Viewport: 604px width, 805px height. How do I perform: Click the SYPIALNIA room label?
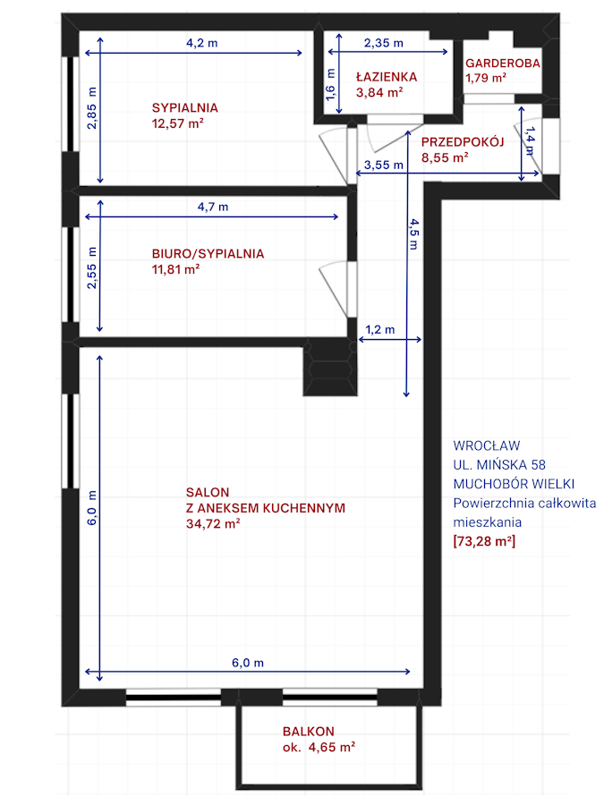coord(185,108)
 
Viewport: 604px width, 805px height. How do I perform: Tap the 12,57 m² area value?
coord(178,123)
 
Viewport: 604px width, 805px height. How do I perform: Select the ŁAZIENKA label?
coord(387,77)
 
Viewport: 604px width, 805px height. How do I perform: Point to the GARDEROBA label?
coord(503,64)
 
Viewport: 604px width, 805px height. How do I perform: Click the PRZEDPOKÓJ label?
coord(463,141)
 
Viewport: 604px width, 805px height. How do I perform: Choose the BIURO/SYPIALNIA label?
coord(208,254)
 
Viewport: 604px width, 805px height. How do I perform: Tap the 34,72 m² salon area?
coord(213,523)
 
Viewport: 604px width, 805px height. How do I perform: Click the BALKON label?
coord(308,731)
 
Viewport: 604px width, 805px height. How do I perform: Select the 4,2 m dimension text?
coord(202,43)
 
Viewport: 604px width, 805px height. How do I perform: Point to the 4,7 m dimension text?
coord(213,207)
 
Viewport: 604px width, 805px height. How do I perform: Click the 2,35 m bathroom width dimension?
coord(384,43)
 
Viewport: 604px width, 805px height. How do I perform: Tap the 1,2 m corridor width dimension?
coord(380,329)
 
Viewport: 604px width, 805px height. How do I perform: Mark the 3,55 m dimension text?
coord(384,165)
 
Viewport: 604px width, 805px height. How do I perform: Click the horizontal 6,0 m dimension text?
coord(248,663)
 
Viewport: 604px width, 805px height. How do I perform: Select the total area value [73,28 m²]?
coord(484,541)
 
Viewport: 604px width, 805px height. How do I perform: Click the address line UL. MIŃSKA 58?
coord(499,464)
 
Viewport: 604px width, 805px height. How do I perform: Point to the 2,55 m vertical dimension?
coord(91,268)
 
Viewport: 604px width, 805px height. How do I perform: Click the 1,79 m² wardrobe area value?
coord(486,78)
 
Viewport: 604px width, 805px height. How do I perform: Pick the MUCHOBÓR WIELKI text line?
coord(514,484)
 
